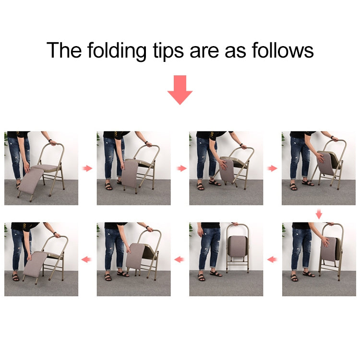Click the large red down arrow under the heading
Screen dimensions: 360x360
pos(180,89)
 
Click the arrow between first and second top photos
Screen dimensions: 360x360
pos(87,168)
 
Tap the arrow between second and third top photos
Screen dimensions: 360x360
pos(180,168)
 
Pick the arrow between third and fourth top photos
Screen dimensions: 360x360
pos(272,168)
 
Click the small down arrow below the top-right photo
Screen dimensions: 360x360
pos(319,214)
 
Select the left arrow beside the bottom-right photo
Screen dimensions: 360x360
pos(272,260)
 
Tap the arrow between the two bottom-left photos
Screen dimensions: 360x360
pos(87,260)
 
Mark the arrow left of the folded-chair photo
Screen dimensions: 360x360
pos(180,260)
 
